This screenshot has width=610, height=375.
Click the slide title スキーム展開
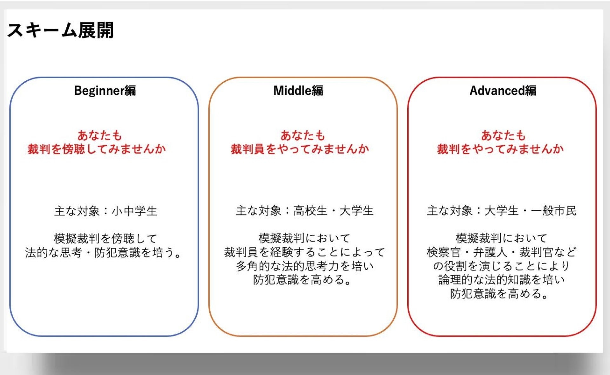coord(60,31)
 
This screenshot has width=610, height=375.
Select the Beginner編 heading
coord(105,91)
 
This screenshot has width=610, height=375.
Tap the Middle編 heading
coord(298,91)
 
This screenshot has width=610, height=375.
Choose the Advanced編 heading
coord(503,91)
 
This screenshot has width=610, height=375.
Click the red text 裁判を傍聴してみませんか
coord(97,149)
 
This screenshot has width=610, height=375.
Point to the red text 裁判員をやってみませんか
coord(300,149)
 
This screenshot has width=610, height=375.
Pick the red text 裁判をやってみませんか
coord(500,149)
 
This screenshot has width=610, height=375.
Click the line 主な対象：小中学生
coord(106,211)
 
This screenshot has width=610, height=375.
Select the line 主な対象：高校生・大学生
coord(304,211)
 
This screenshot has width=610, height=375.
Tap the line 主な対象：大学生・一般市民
coord(502,211)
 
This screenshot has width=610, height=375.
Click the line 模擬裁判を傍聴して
coord(105,238)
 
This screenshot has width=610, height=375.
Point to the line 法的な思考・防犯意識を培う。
coord(103,253)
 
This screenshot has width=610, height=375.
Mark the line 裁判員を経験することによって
coord(304,252)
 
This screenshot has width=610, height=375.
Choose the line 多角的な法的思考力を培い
coord(304,266)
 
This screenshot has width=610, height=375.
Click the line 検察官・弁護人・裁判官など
coord(502,252)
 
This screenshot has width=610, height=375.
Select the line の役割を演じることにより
coord(501,266)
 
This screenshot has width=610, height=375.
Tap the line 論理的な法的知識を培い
coord(502,280)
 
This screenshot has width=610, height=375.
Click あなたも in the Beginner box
coord(100,135)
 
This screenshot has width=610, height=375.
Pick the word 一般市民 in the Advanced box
coord(553,211)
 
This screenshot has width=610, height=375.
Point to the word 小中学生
coord(135,211)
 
